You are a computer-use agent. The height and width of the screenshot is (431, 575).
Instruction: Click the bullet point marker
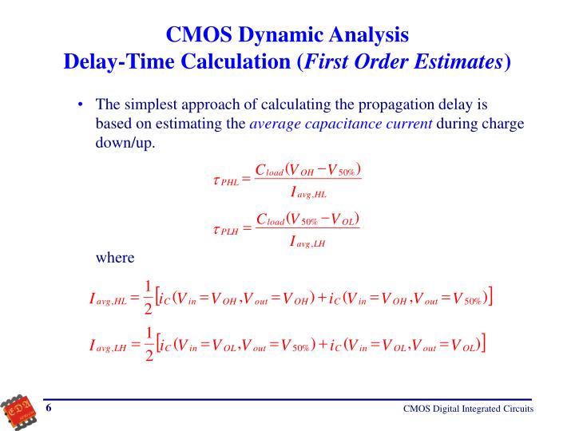click(82, 105)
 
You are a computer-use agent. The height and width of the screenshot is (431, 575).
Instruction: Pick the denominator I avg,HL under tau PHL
click(307, 192)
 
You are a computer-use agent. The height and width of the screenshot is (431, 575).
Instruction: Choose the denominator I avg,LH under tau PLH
click(307, 243)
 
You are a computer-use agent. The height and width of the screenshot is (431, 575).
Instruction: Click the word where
click(115, 257)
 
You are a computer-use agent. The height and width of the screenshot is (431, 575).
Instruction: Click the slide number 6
click(49, 409)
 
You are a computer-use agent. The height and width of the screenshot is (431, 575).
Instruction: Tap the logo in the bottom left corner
click(18, 409)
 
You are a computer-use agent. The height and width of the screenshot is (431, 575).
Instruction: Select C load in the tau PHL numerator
click(269, 168)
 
